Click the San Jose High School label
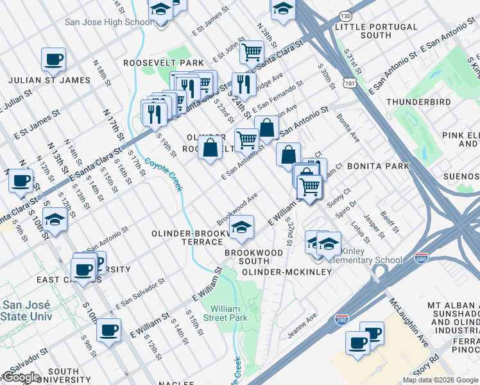[x=108, y=22]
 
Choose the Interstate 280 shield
[x=342, y=319]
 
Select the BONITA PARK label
[x=378, y=166]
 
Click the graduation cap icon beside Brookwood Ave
[x=241, y=227]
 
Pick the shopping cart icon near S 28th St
[x=252, y=53]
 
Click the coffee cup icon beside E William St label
[x=109, y=330]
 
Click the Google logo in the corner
[x=21, y=378]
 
